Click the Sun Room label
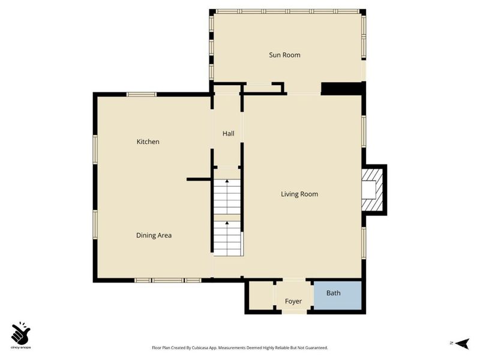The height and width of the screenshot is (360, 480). click(284, 55)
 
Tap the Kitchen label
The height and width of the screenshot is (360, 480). click(148, 142)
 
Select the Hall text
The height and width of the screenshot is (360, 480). click(229, 133)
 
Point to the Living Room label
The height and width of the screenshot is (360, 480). click(299, 194)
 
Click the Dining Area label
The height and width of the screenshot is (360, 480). click(154, 235)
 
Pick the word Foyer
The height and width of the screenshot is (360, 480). click(293, 302)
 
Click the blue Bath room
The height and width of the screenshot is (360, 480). click(338, 295)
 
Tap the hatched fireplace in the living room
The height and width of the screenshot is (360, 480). click(372, 190)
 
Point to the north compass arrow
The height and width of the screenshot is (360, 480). click(462, 343)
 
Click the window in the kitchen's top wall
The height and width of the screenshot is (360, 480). click(142, 94)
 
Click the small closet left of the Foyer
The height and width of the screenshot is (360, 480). click(261, 295)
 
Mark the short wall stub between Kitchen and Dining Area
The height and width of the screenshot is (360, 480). click(199, 179)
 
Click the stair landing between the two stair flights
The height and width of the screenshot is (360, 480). click(227, 218)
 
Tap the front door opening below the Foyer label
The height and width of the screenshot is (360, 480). click(294, 312)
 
